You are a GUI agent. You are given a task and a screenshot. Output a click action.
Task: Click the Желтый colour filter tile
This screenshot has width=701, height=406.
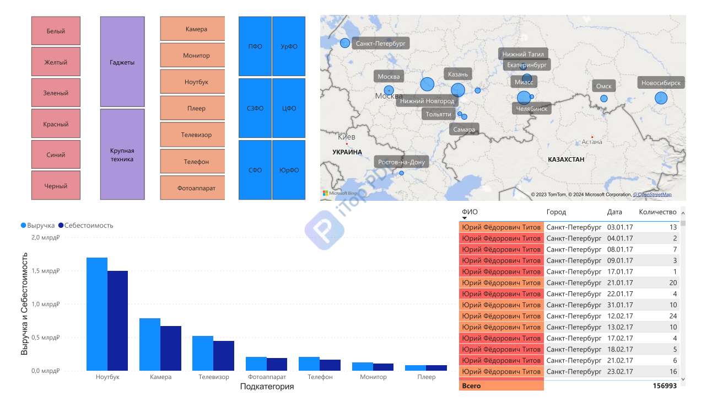pyautogui.click(x=56, y=62)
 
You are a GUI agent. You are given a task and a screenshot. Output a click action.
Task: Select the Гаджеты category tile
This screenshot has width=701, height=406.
pyautogui.click(x=122, y=62)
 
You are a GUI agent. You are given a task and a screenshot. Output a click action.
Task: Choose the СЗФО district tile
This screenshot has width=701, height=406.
pyautogui.click(x=255, y=108)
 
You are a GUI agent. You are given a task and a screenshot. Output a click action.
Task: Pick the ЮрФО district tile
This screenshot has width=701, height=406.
pyautogui.click(x=289, y=170)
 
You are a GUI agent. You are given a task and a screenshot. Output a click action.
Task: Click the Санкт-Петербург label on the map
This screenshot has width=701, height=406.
pyautogui.click(x=381, y=43)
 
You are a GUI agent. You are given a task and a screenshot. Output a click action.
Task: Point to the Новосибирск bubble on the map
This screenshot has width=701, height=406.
pyautogui.click(x=661, y=98)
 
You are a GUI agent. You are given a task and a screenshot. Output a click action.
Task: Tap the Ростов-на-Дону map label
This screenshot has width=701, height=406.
pyautogui.click(x=401, y=162)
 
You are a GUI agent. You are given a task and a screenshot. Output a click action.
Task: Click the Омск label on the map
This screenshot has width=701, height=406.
pyautogui.click(x=603, y=86)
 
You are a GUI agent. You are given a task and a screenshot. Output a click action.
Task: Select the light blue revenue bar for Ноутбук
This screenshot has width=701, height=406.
pyautogui.click(x=97, y=314)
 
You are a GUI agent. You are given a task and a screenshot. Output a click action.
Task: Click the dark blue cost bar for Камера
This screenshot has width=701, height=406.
pyautogui.click(x=170, y=349)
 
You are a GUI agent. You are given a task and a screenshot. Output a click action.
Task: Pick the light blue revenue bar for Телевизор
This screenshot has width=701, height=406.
pyautogui.click(x=203, y=354)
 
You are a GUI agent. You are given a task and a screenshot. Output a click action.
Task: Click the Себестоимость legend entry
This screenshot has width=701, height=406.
pyautogui.click(x=86, y=225)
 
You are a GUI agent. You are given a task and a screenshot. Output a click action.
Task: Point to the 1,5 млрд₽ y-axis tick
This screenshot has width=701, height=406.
pyautogui.click(x=45, y=271)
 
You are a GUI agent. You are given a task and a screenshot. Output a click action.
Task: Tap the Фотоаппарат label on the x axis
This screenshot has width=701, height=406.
pyautogui.click(x=267, y=377)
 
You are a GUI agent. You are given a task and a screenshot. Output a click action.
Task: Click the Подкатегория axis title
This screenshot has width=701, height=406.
pyautogui.click(x=267, y=386)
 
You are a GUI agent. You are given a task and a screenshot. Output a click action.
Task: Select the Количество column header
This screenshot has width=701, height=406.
pyautogui.click(x=657, y=212)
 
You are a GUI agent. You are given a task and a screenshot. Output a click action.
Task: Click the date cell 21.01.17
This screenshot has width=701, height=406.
pyautogui.click(x=620, y=282)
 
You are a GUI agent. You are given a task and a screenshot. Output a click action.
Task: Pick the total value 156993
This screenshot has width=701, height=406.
pyautogui.click(x=665, y=386)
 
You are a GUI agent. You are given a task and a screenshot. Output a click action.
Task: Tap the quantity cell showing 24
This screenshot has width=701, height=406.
pyautogui.click(x=673, y=316)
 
